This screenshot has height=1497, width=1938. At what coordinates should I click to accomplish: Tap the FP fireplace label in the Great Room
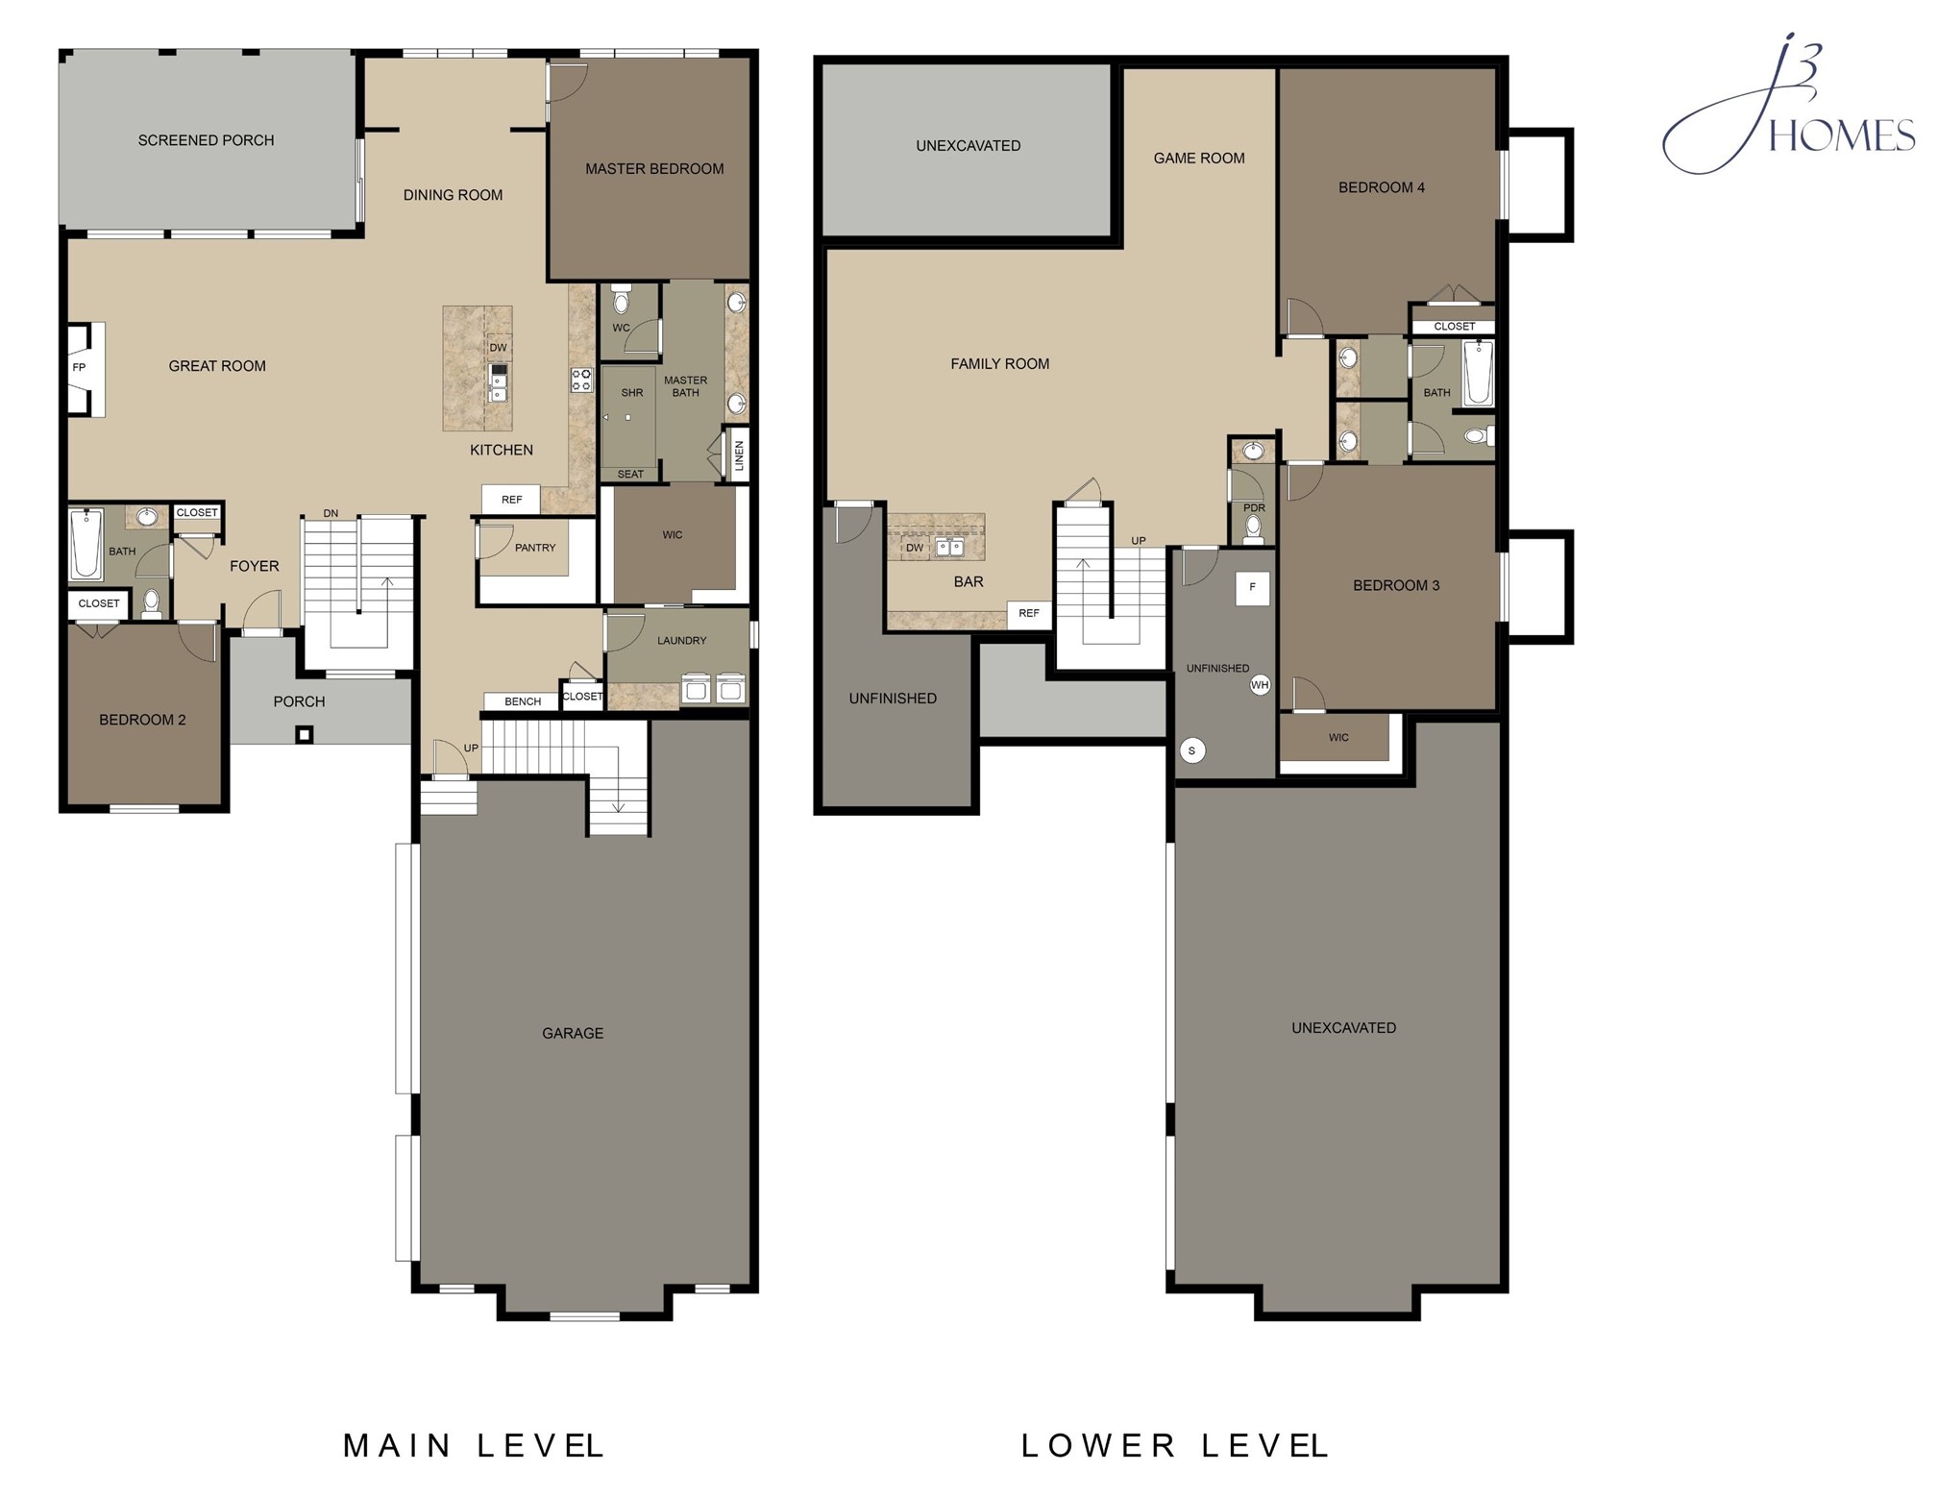[x=79, y=367]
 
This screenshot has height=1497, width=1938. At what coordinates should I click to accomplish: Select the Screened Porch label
[x=206, y=140]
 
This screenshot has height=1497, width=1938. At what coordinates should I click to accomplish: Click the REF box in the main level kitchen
[x=511, y=500]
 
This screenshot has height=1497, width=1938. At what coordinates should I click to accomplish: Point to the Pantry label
[x=535, y=548]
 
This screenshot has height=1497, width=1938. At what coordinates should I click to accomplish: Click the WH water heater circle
[x=1260, y=685]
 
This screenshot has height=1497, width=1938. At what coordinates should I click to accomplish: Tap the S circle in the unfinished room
[x=1192, y=751]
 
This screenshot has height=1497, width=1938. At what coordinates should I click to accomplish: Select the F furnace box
[x=1252, y=587]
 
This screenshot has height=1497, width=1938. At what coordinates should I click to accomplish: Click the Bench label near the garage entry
[x=523, y=701]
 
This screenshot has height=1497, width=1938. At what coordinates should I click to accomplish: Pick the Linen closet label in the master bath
[x=739, y=454]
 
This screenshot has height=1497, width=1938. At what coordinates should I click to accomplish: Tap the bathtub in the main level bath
[x=86, y=545]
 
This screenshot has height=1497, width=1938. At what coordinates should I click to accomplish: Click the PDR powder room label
[x=1254, y=507]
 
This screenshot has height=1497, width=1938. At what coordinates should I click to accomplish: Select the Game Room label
[x=1199, y=159]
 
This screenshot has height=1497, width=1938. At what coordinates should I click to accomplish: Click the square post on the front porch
[x=304, y=735]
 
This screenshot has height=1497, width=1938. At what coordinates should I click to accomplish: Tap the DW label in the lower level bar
[x=915, y=548]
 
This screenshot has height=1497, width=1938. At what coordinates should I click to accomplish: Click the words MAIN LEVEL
[x=474, y=1445]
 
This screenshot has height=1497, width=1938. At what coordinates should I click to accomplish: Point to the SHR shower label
[x=632, y=393]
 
